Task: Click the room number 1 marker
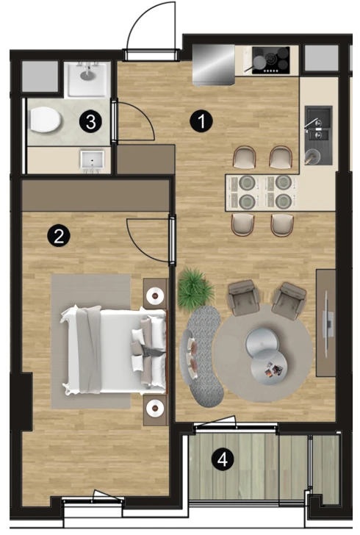pos(201,121)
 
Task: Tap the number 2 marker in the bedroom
pos(59,235)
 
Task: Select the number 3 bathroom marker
pos(90,121)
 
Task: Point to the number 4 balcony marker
pos(223,459)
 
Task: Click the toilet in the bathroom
pos(45,120)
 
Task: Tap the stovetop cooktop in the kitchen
pos(270,60)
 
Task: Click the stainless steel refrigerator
pos(214,64)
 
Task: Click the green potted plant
pos(195,287)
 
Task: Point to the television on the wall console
pos(327,324)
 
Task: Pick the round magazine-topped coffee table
pos(268,367)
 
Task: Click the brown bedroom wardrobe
pos(96,195)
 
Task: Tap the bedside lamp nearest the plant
pos(155,295)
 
